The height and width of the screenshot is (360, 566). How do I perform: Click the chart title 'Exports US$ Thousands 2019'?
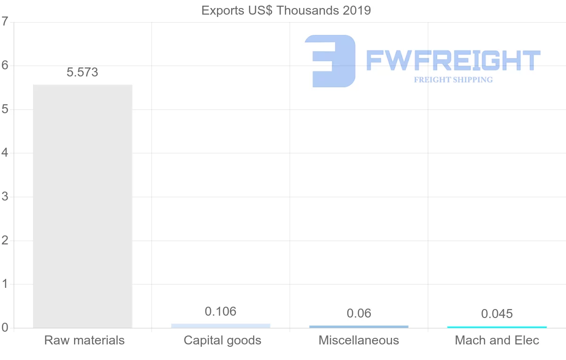tap(286, 10)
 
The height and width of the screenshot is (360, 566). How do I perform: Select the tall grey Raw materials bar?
tap(83, 206)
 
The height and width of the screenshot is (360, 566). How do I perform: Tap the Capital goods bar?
tap(221, 326)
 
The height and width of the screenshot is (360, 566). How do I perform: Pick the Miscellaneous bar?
tap(359, 327)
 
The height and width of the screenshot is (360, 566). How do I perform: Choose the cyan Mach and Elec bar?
tap(497, 327)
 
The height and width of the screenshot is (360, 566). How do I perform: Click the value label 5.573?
tap(83, 72)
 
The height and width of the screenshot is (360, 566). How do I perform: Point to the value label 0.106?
tap(221, 311)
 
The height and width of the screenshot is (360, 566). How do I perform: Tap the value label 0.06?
tap(359, 313)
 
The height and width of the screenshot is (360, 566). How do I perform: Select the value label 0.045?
tap(497, 314)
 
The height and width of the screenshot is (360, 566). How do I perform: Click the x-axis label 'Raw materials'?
tap(84, 340)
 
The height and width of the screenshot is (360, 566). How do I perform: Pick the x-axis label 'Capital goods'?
tap(223, 340)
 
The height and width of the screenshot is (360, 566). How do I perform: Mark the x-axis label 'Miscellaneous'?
tap(359, 340)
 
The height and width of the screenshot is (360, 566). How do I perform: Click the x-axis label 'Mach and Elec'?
tap(497, 340)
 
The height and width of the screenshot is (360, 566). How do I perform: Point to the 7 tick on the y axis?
tap(5, 22)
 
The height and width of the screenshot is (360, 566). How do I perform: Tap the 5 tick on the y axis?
tap(5, 109)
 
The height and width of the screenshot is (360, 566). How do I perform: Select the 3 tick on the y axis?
tap(5, 197)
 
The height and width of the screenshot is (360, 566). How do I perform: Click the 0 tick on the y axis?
tap(5, 328)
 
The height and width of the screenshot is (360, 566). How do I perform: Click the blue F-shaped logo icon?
tap(331, 61)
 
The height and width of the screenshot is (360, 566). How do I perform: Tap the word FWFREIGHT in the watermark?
tap(453, 61)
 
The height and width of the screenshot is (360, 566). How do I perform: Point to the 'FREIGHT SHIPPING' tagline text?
tap(453, 80)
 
